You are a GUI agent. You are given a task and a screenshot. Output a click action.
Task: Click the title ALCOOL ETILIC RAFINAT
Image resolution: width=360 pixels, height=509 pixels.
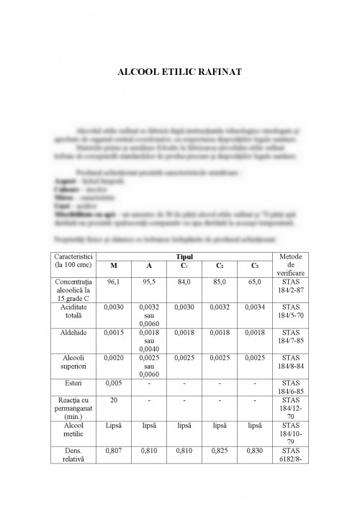tap(179, 72)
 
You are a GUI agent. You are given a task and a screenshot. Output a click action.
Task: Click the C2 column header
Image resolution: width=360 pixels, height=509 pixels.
tap(220, 266)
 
